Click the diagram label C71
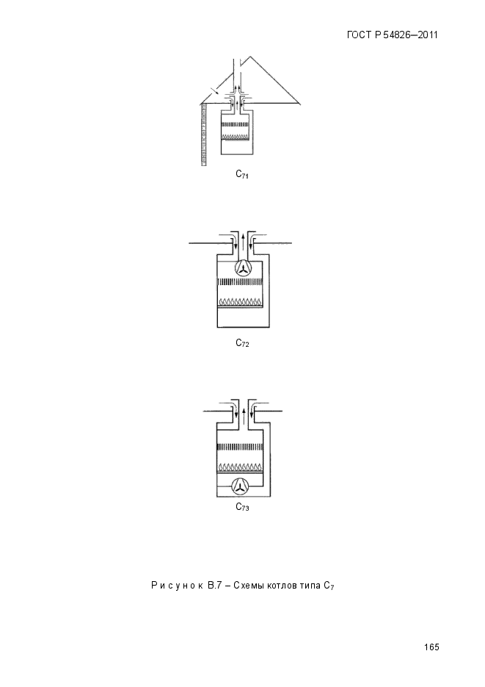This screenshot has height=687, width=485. tap(242, 174)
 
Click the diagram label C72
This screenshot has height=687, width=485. tap(242, 343)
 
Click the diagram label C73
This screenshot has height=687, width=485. tap(242, 507)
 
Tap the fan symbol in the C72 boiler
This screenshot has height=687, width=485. tap(242, 267)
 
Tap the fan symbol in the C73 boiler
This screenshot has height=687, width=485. tap(240, 486)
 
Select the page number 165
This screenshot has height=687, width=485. tap(431, 647)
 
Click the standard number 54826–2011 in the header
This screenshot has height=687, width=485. tap(410, 35)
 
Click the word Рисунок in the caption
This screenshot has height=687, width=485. tap(177, 586)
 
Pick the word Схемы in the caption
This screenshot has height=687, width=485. tap(248, 586)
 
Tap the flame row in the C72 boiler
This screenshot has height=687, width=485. tap(240, 302)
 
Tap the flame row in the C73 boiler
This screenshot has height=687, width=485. tap(240, 467)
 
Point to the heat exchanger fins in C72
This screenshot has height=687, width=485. tap(240, 281)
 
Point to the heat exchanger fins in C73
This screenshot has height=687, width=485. tap(240, 447)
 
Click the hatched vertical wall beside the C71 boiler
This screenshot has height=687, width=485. tap(204, 135)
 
